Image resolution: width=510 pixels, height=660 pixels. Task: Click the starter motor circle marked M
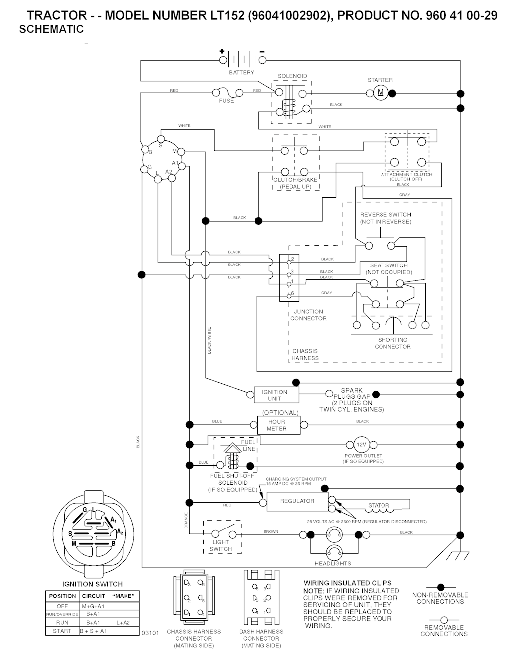coord(381,93)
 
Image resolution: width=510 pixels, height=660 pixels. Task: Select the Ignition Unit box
coord(274,395)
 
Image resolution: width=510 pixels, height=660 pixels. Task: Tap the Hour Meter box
coord(276,425)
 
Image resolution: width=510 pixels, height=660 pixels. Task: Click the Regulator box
coord(297,501)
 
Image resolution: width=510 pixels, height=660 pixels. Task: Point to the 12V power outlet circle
coord(361,445)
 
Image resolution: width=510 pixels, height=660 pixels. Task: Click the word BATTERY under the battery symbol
coord(242,73)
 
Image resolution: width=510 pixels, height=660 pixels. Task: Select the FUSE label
coord(226,101)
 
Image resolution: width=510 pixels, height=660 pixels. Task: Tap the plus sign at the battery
coord(221,51)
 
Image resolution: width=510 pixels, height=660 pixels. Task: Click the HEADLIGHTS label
coord(333,564)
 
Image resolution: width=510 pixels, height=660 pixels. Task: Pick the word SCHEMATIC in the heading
coord(51,30)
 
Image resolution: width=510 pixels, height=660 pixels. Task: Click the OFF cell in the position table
coord(62,606)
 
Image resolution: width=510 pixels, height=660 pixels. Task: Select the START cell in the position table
coord(62,631)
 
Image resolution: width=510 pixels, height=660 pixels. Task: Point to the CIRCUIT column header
coord(94,596)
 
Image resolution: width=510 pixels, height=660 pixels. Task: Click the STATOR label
coord(379,505)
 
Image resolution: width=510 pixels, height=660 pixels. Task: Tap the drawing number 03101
coord(150,633)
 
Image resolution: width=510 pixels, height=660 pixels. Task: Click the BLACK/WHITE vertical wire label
coord(209,340)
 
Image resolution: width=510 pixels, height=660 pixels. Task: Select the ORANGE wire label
coord(186,521)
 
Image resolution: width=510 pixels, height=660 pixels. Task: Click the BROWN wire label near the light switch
coord(271,532)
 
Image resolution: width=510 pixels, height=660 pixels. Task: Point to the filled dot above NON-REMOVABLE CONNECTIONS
coord(440,588)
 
